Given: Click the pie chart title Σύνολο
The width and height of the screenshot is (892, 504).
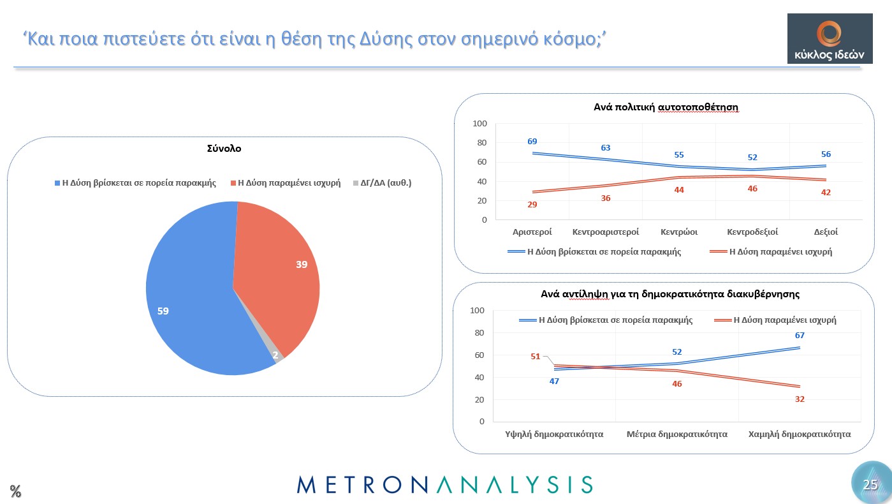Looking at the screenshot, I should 224,149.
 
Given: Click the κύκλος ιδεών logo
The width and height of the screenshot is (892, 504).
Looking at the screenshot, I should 830,39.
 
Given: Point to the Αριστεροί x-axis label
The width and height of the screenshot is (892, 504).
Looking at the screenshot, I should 532,232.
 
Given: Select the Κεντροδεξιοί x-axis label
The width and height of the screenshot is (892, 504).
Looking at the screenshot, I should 752,232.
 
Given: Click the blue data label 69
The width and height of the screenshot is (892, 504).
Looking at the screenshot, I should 532,141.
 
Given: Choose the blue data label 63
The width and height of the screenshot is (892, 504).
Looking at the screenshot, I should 606,148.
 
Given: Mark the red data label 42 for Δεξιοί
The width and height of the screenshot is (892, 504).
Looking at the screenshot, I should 826,192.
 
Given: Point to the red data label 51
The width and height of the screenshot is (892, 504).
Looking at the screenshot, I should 536,357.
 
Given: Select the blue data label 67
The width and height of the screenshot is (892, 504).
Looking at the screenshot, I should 800,336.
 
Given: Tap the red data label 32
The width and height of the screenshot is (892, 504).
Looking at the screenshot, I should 800,399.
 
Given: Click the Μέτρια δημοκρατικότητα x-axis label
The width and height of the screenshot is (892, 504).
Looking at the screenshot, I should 677,434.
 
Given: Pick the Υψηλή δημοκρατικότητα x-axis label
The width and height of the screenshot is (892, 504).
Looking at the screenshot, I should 550,434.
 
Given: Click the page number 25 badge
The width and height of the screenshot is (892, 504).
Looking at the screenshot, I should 870,484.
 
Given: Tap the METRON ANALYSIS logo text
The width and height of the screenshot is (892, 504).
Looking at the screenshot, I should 444,484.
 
